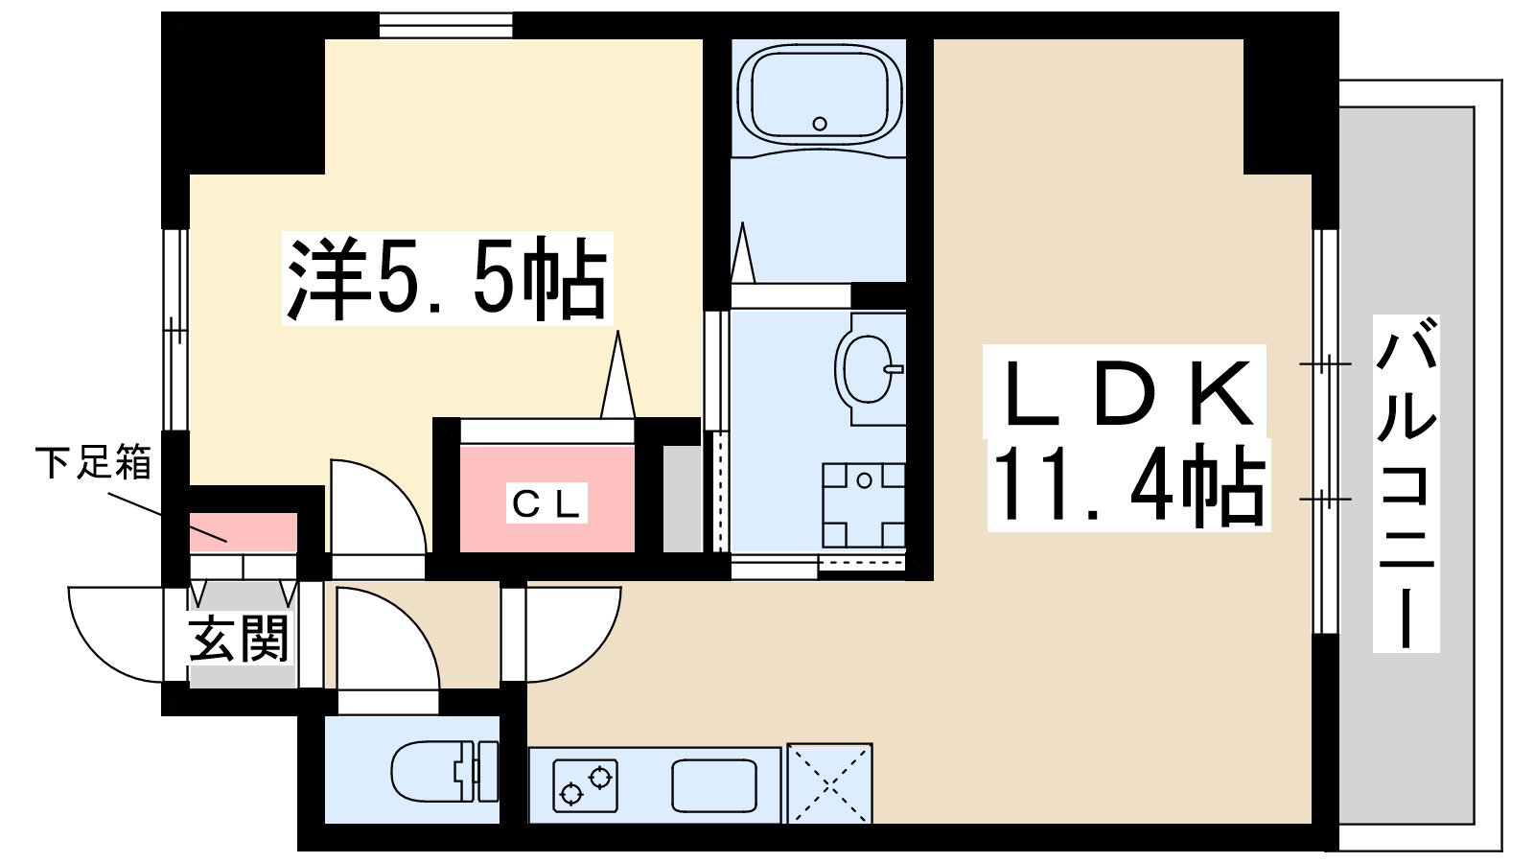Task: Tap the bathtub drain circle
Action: point(820,124)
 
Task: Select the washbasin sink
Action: point(869,369)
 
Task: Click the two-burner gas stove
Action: point(585,785)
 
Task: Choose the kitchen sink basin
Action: point(713,785)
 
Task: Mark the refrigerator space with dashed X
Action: point(829,783)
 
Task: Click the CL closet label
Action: point(546,503)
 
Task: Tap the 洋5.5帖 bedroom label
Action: point(447,279)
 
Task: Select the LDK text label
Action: point(1127,394)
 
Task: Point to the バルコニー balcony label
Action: point(1406,484)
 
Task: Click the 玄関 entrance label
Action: point(239,639)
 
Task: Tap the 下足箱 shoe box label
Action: point(94,463)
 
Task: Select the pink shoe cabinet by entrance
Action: point(243,533)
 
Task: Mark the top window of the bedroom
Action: point(446,25)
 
